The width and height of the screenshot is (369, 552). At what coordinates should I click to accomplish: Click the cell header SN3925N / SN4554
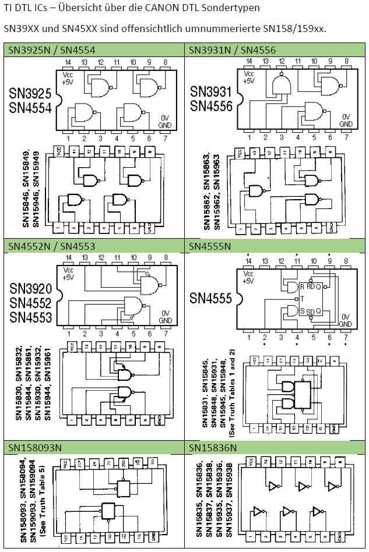click(52, 50)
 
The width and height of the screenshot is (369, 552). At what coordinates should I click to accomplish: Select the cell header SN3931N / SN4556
click(232, 50)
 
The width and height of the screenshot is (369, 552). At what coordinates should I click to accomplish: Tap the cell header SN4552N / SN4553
click(52, 246)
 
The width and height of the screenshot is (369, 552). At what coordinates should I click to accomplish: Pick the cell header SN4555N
click(210, 246)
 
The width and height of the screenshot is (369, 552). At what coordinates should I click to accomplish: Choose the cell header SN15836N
click(213, 447)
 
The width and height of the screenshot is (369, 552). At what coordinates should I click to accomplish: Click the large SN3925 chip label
click(30, 94)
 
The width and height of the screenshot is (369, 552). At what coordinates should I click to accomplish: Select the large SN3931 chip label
click(211, 92)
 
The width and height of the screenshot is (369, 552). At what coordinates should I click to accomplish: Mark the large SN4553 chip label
click(30, 317)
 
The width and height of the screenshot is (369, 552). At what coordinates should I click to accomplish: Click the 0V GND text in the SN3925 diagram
click(165, 121)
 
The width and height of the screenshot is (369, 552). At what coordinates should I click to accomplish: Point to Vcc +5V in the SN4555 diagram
click(249, 277)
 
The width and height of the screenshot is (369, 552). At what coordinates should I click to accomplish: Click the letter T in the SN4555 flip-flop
click(301, 298)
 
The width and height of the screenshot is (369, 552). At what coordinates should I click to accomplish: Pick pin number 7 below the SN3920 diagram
click(166, 334)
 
